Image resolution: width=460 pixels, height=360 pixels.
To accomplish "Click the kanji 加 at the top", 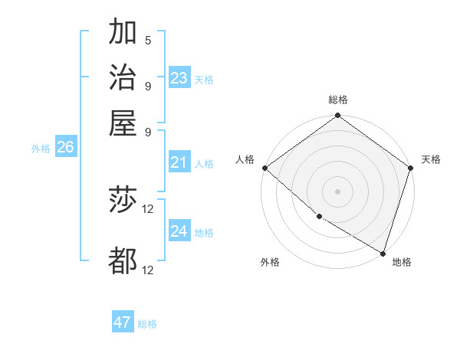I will coord(123,33).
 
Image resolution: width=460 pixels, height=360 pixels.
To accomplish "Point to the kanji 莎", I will coord(123,201).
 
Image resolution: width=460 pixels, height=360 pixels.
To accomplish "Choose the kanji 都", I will coord(123,260).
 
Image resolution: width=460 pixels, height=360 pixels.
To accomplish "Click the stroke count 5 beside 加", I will coord(148,40).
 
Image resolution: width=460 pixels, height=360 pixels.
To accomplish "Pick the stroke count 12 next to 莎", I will coord(148,208).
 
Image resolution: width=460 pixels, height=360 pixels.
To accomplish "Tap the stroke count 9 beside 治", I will coord(148,85).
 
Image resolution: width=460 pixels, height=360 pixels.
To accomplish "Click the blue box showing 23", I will coord(179,78).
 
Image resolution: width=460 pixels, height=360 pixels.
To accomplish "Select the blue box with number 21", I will coord(179,162).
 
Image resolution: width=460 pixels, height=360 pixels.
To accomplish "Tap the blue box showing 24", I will coord(179,231).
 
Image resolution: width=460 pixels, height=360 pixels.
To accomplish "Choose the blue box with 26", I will coord(65,147).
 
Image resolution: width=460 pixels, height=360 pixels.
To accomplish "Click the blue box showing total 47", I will coord(123,322).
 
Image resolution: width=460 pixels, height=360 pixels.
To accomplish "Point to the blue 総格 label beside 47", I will coord(147,324).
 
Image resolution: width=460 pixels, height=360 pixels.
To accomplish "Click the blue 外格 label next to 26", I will coord(41,149).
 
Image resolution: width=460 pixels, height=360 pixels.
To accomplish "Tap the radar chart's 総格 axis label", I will coord(338,100).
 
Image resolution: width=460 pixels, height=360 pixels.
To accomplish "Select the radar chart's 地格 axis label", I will coord(402,262).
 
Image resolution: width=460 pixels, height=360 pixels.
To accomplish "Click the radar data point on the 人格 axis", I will coord(264,168).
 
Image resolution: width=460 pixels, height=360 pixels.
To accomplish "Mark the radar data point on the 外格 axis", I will coord(319,216).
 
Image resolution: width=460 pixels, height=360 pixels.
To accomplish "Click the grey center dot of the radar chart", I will coord(338,191).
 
